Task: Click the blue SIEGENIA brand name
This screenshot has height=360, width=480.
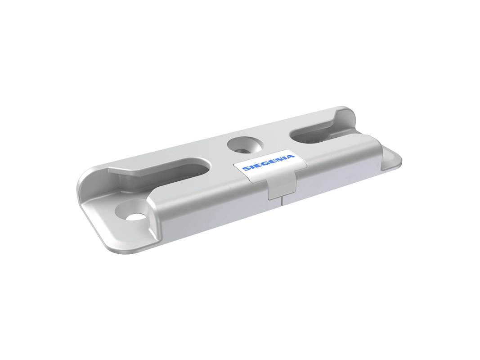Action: pos(268,162)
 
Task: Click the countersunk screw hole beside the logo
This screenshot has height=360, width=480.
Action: pos(245,145)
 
